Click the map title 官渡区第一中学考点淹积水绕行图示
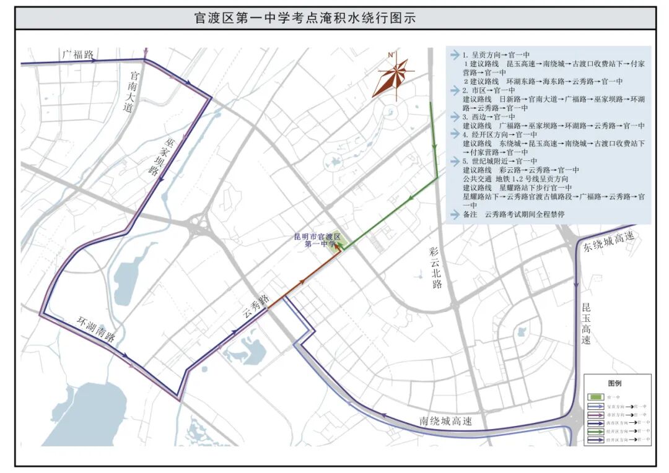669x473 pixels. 304,19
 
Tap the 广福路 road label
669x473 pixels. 78,54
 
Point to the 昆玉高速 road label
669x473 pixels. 587,324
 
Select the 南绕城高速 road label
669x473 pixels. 445,421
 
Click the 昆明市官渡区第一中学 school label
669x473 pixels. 317,240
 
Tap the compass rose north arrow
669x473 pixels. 392,75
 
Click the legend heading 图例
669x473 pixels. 614,383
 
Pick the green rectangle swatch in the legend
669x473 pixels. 596,397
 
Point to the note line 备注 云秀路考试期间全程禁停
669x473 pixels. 514,214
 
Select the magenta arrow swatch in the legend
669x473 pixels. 597,414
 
